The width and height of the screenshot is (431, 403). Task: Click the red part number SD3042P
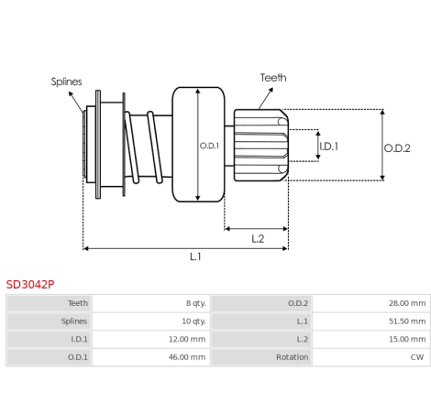coord(30,284)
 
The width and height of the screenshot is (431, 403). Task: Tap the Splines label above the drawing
coord(66,82)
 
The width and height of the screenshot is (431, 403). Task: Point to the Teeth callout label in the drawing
coord(273,78)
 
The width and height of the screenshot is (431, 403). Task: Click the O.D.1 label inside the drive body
coord(209,146)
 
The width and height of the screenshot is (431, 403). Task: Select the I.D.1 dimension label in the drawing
coord(329,147)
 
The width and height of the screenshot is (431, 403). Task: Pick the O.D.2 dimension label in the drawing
coord(397,148)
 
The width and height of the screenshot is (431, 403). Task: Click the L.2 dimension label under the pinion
coord(258,239)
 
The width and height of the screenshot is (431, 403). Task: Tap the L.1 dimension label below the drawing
coord(195,256)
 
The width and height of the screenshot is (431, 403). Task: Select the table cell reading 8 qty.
coord(196,303)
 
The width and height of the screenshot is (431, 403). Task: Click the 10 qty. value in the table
coord(193,321)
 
